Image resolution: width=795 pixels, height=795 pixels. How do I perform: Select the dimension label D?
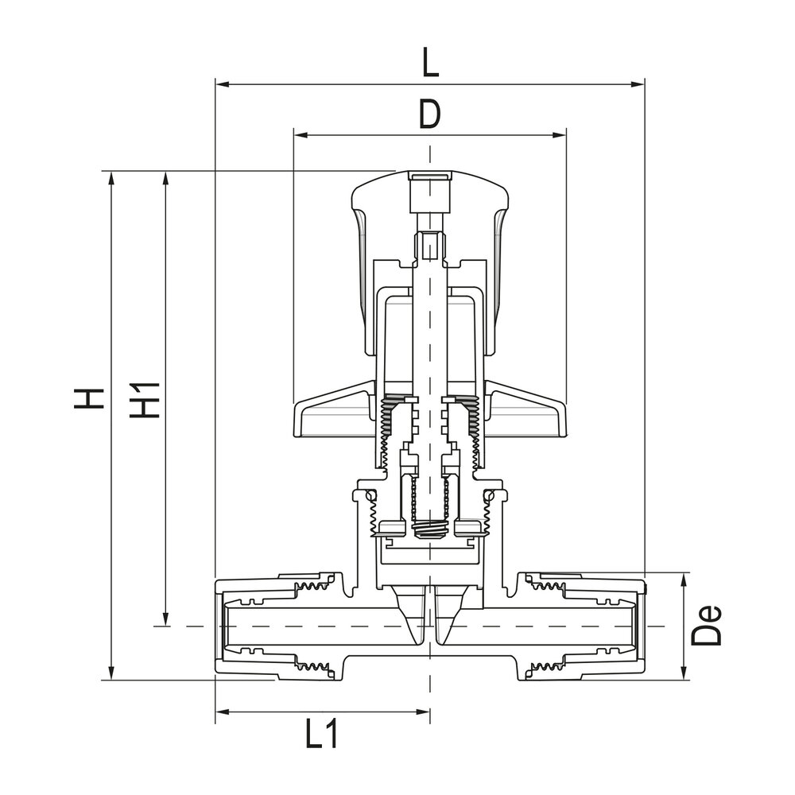coord(429,114)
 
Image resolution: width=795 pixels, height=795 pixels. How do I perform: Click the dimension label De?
coord(708,625)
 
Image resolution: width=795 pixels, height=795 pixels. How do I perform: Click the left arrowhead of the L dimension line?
coord(221,83)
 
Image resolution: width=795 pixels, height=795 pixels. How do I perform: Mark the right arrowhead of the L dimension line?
coord(638,83)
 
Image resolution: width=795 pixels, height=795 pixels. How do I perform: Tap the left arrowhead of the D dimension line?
coord(299,134)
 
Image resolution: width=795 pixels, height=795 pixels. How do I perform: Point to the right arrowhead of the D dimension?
coord(560,134)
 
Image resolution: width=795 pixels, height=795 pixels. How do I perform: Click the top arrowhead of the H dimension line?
coord(111,176)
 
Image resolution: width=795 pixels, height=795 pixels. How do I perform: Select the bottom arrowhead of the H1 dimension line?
coord(165,621)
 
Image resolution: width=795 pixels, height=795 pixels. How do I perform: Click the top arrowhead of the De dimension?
coord(684,578)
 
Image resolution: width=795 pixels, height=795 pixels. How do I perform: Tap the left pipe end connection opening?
coord(223,626)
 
